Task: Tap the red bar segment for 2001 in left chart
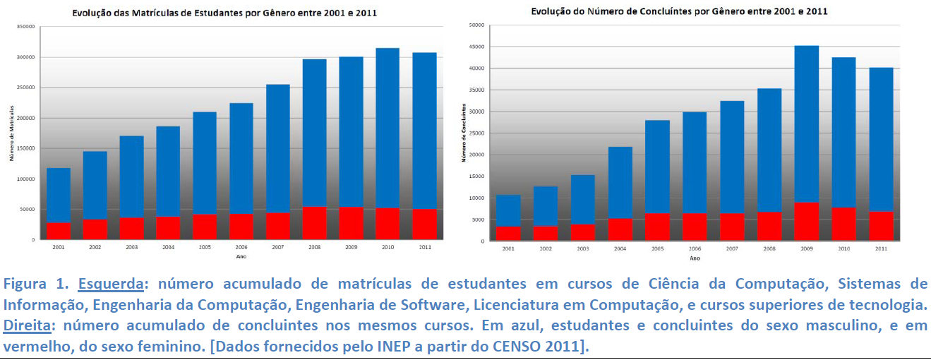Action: click(x=59, y=231)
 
